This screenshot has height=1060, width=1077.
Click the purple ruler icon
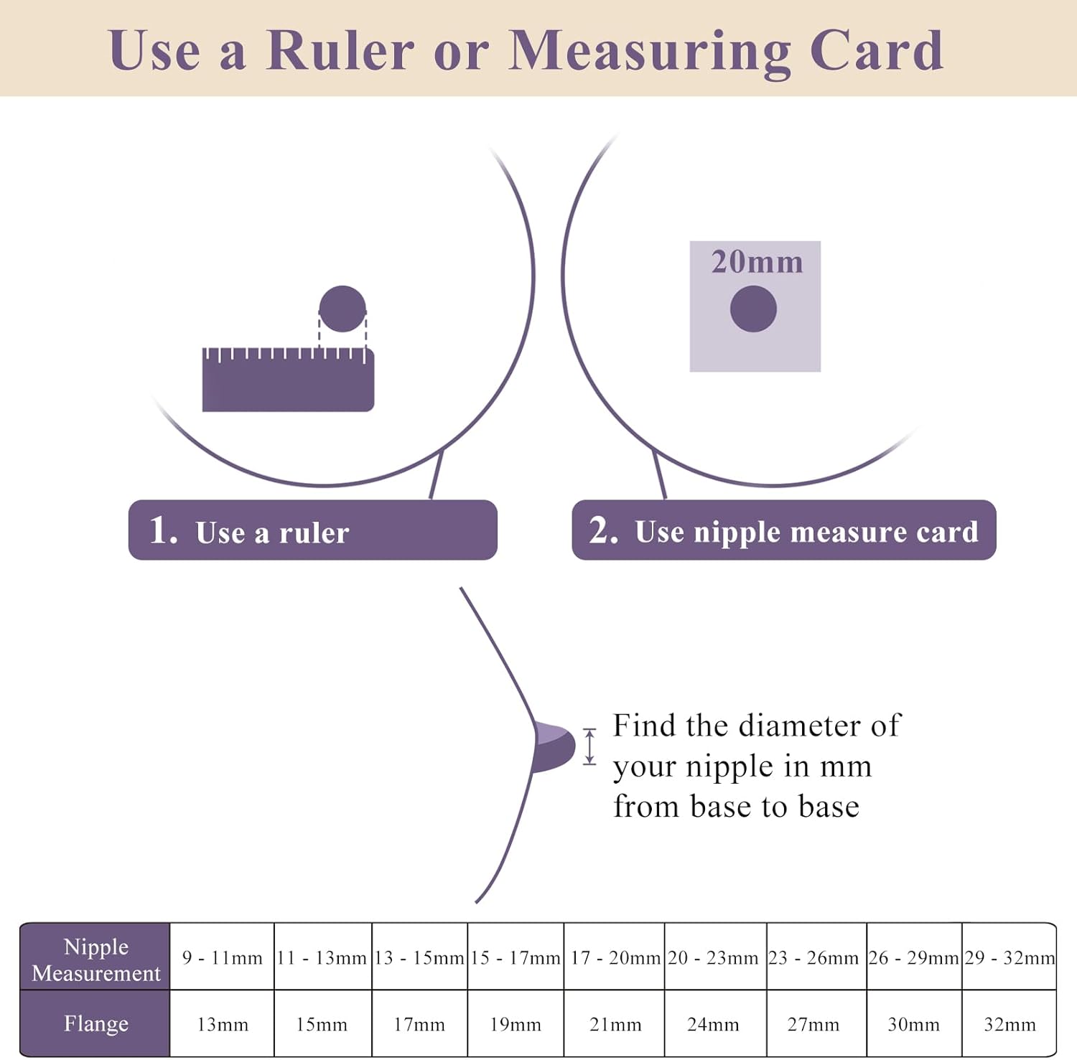(x=288, y=379)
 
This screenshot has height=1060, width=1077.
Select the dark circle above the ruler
(x=342, y=309)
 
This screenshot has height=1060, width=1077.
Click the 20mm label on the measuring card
(x=757, y=262)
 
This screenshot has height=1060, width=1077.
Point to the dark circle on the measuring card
(x=753, y=309)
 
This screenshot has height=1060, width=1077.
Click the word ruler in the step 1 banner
(x=314, y=533)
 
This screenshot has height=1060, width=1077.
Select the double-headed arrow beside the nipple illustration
(x=589, y=746)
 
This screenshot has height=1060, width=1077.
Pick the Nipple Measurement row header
(x=95, y=959)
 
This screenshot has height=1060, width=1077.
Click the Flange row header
(x=95, y=1023)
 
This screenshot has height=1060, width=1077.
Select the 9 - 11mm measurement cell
(x=223, y=957)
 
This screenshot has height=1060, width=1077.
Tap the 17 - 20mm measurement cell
(x=615, y=957)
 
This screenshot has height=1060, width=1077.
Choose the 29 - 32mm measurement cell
(x=1010, y=957)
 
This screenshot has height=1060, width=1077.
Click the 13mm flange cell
(x=223, y=1024)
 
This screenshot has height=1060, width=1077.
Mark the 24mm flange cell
(x=713, y=1024)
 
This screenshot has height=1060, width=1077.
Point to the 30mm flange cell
(x=913, y=1024)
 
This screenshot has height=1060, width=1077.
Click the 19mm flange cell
(x=516, y=1024)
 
